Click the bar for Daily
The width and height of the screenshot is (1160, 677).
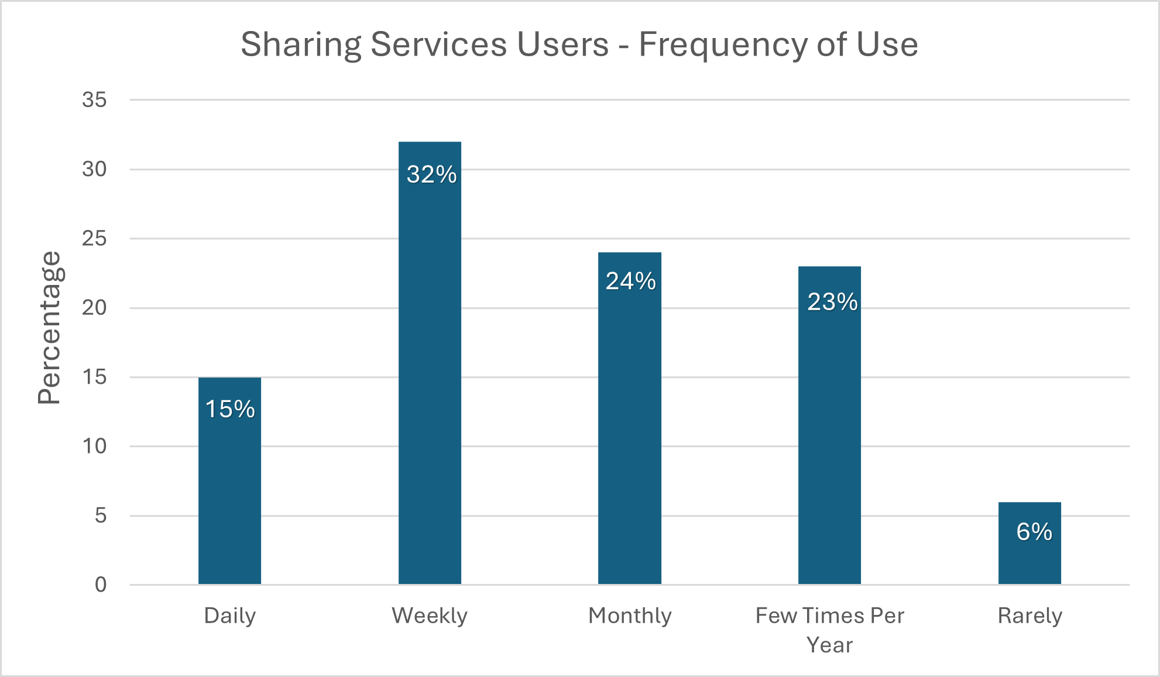(229, 497)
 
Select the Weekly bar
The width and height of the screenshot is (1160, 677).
(430, 380)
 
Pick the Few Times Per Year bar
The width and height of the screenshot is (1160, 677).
(829, 445)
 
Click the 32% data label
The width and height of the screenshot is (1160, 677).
(431, 174)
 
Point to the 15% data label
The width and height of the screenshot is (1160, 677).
(230, 409)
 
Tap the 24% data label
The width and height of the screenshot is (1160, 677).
(630, 281)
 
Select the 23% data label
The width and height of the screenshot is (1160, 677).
(832, 302)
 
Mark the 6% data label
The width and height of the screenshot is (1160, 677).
(1034, 532)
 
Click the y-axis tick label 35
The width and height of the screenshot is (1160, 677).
(94, 100)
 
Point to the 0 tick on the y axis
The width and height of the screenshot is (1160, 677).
(101, 585)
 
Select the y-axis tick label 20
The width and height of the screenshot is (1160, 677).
(94, 308)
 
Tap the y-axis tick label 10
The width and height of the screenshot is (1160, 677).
(94, 446)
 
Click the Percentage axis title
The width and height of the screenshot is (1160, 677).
(49, 328)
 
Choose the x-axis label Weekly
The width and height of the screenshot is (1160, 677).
(430, 616)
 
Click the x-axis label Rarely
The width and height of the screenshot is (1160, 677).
(1029, 616)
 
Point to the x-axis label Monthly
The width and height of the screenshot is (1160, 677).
(630, 616)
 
